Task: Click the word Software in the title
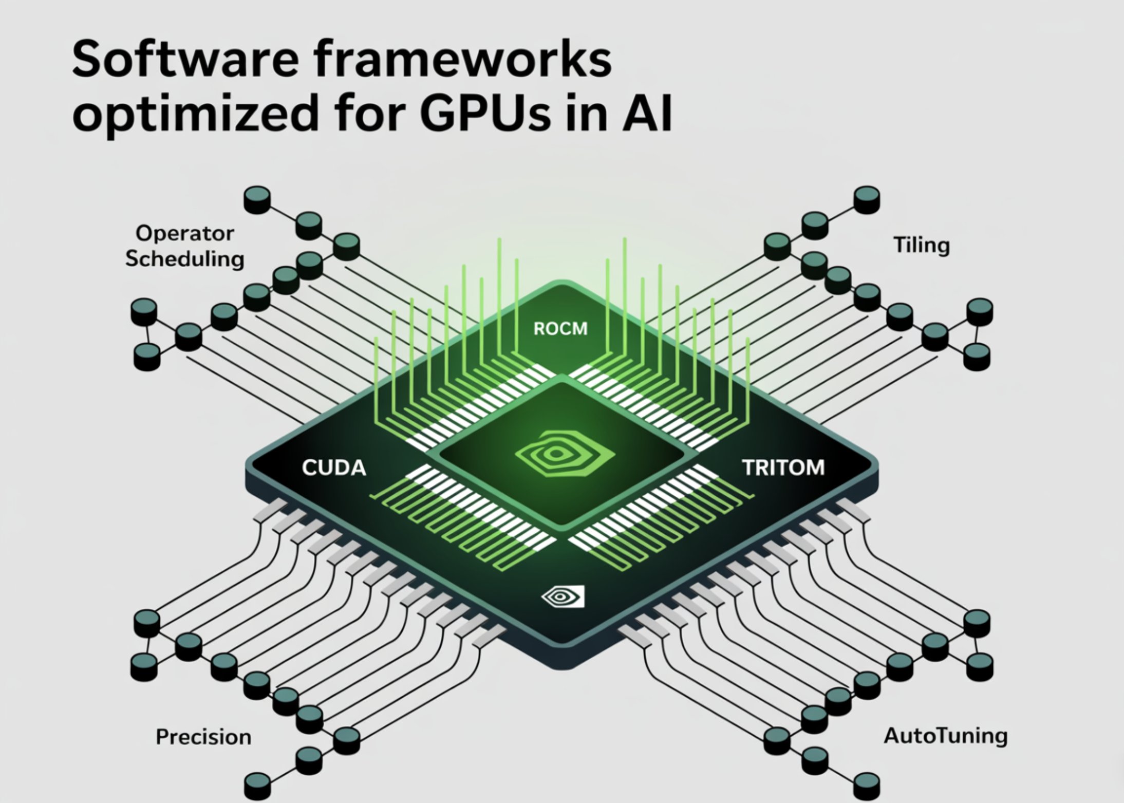[185, 60]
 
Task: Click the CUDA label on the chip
[334, 468]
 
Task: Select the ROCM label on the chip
[560, 329]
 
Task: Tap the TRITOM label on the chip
[783, 468]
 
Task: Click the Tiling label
[922, 245]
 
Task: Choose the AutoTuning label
[945, 736]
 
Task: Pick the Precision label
[203, 737]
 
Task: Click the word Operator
[184, 233]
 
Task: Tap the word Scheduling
[184, 258]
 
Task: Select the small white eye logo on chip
[563, 596]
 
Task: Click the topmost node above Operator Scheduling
[257, 199]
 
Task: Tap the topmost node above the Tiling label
[867, 199]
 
